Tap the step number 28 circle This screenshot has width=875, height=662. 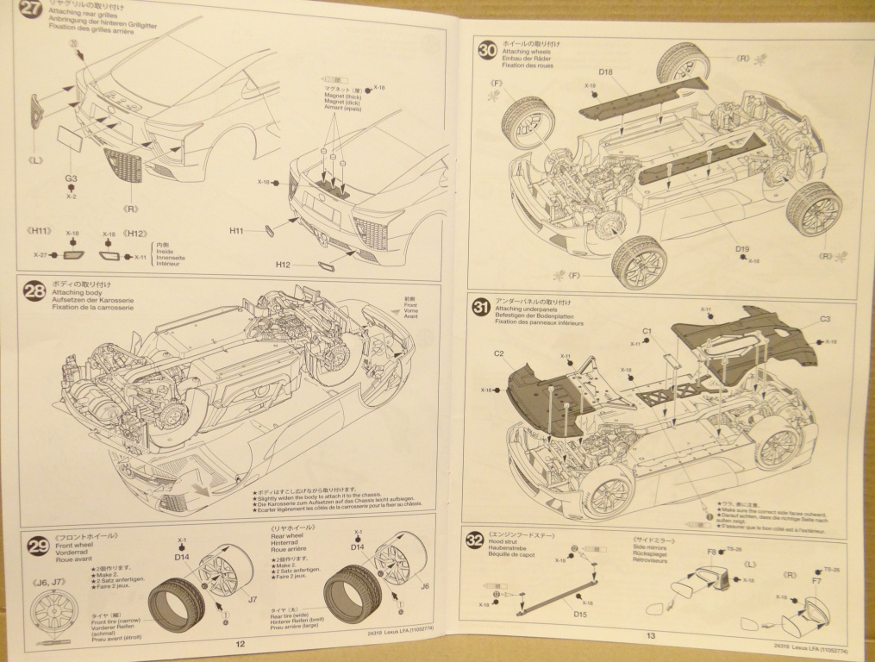click(34, 292)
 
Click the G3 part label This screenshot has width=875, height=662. click(71, 178)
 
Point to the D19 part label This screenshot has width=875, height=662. click(742, 250)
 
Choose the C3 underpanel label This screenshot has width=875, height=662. click(825, 320)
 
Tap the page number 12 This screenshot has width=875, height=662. click(241, 643)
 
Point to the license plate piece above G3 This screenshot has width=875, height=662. click(68, 138)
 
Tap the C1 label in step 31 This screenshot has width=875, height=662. click(647, 330)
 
